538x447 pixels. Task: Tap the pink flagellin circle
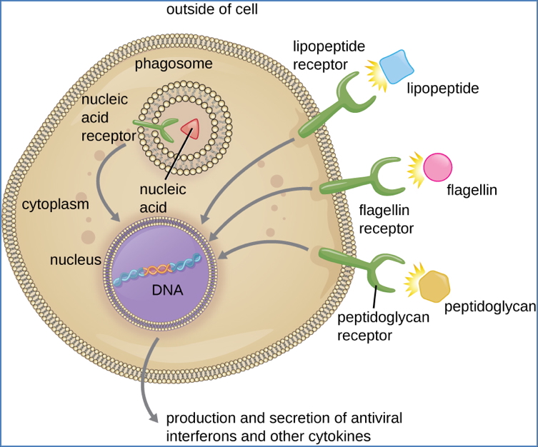tap(437, 168)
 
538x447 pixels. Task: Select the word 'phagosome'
tap(174, 64)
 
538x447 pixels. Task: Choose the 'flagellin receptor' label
tap(387, 220)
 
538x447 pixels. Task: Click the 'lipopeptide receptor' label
tap(329, 56)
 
